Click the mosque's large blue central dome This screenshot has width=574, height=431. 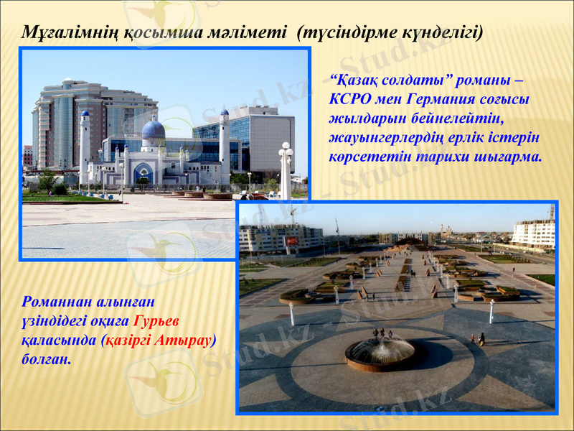(154, 130)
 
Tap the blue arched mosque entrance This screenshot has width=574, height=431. (143, 175)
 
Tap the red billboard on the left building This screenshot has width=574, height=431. (292, 241)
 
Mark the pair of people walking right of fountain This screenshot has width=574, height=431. (477, 338)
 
